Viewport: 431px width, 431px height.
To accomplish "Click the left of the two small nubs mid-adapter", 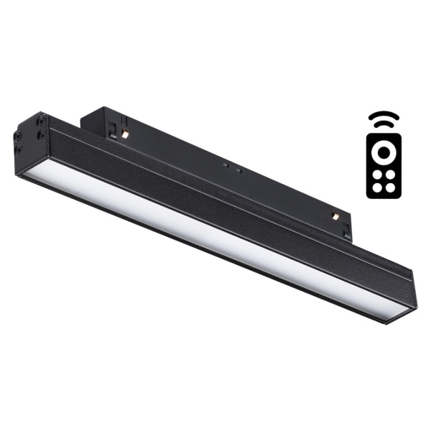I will click(225, 164).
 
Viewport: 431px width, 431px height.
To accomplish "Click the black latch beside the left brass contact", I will click(115, 129).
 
